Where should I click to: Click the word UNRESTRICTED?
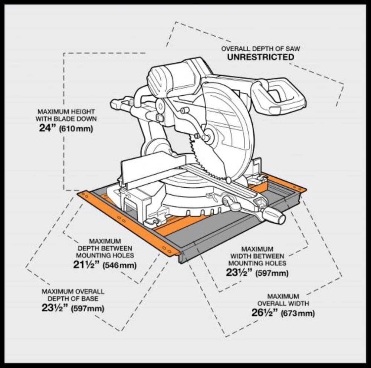[x=260, y=57]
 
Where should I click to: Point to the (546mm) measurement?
[x=119, y=266]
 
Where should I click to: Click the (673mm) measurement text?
[x=298, y=313]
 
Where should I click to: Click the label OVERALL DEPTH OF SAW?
[x=260, y=49]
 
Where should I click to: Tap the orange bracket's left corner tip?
[x=79, y=194]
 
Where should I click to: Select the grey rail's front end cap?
[x=182, y=256]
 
